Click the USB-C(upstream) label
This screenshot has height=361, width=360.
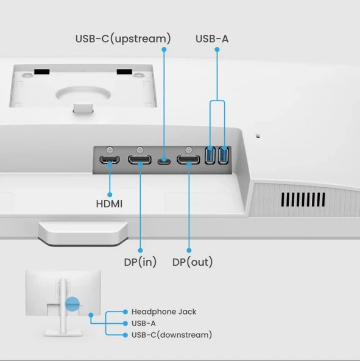coord(123,39)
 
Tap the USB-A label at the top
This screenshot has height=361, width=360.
coord(212,39)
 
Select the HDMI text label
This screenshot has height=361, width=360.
coord(109,204)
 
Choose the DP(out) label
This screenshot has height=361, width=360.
coord(192,262)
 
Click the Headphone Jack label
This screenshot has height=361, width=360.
coord(164,312)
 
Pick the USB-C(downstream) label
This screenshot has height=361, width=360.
coord(172,335)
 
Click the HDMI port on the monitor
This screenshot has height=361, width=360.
coord(110,161)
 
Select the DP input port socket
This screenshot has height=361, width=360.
coord(139,161)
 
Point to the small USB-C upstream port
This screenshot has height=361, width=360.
coord(163,162)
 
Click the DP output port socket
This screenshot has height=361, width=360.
coord(188,161)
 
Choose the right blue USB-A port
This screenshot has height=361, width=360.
coord(222,155)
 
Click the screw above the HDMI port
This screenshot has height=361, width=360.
coord(110,149)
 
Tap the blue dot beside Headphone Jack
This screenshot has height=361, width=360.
coord(125,312)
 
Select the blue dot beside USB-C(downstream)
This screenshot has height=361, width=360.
coord(125,335)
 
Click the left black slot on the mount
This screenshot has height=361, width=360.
coord(41,71)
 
